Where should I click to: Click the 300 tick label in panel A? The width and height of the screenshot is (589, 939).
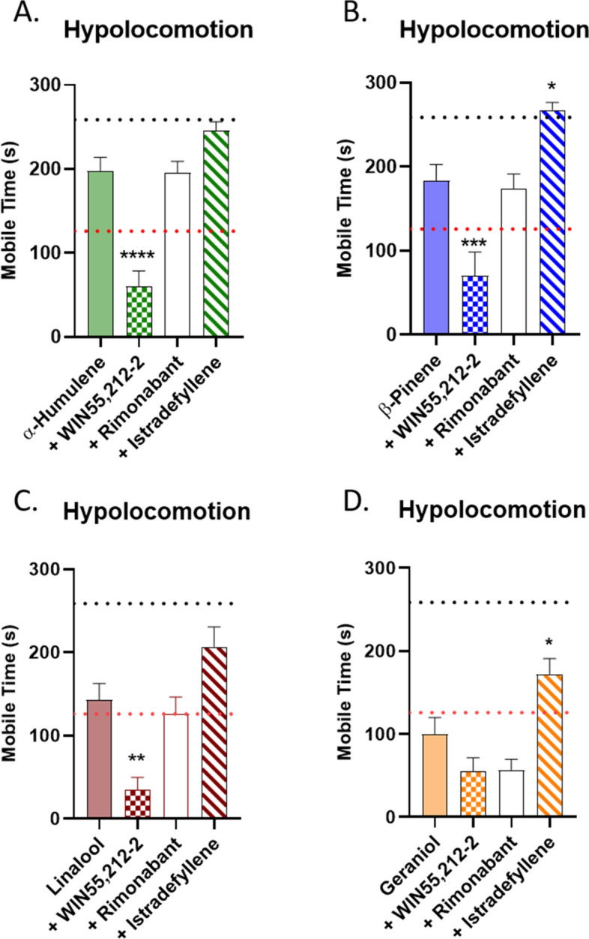pos(49,85)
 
